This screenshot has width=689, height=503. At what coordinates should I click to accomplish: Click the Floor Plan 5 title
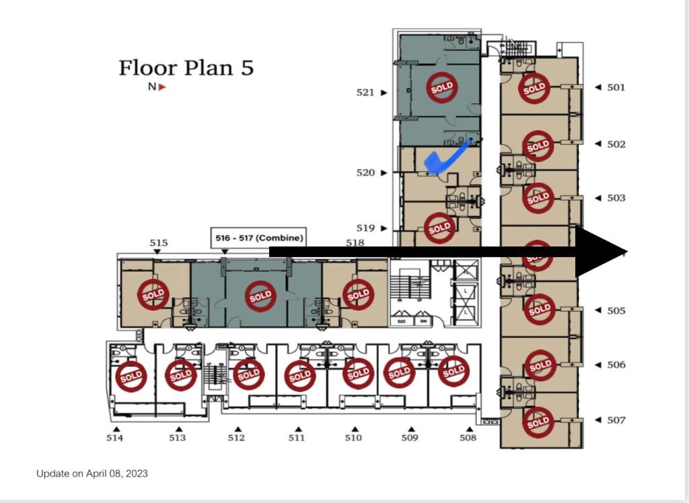(186, 68)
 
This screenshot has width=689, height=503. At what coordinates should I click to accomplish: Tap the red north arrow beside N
(161, 87)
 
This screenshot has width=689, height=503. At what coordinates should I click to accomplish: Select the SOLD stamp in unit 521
(442, 88)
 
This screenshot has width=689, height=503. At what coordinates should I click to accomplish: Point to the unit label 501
(616, 88)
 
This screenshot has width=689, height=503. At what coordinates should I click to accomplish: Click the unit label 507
(616, 420)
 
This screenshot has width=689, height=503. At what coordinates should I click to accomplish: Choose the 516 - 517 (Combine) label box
(259, 238)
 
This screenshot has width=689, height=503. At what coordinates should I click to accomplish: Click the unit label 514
(114, 438)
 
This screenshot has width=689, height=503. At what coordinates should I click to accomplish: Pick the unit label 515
(159, 243)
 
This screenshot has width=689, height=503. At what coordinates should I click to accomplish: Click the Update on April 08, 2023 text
(92, 473)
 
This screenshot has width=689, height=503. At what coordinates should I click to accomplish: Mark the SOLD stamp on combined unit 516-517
(260, 296)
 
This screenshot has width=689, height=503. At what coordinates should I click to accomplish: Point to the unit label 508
(468, 438)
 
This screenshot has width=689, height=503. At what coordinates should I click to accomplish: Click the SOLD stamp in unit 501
(534, 88)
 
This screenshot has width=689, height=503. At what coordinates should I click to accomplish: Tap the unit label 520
(365, 173)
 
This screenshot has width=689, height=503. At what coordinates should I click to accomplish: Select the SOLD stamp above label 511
(300, 376)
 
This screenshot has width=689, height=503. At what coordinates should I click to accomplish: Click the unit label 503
(616, 198)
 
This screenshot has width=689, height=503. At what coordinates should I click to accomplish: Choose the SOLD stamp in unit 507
(538, 423)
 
